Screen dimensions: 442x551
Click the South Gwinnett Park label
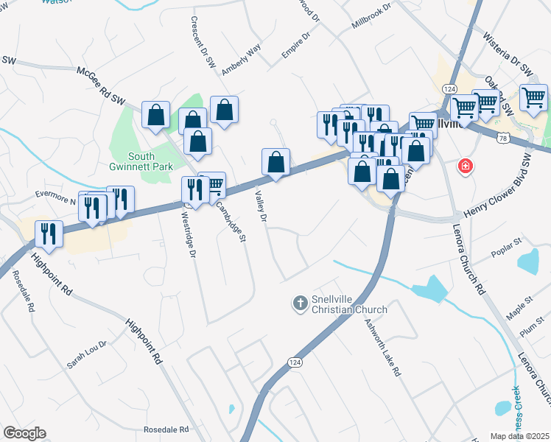(132, 162)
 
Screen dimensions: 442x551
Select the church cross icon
(300, 302)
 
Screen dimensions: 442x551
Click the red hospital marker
(465, 166)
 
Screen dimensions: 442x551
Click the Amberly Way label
(242, 59)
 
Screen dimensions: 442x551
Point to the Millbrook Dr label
(373, 15)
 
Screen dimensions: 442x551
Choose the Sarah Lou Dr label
(87, 355)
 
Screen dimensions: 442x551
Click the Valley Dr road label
(260, 204)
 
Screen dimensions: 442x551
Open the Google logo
(24, 433)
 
